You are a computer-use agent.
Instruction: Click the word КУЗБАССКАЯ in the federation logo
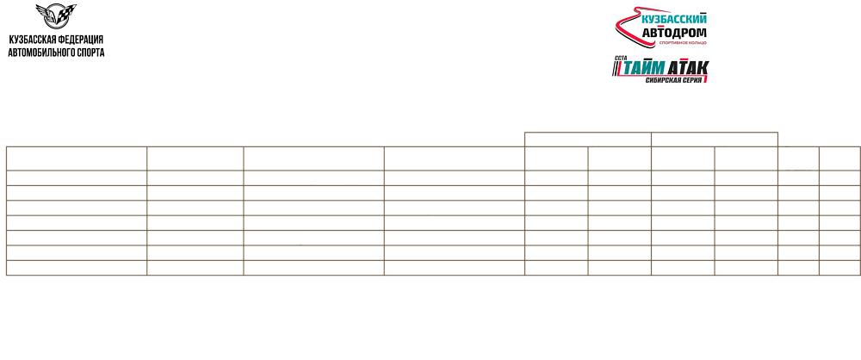32,40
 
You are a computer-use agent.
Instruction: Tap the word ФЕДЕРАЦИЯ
80,40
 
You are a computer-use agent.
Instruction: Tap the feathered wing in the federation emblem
44,11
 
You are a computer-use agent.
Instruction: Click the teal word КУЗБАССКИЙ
674,19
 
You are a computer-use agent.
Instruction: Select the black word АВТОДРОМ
674,33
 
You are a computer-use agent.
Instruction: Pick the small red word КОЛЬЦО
697,42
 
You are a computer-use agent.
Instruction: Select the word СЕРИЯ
694,80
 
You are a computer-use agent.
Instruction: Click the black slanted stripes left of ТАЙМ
616,69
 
